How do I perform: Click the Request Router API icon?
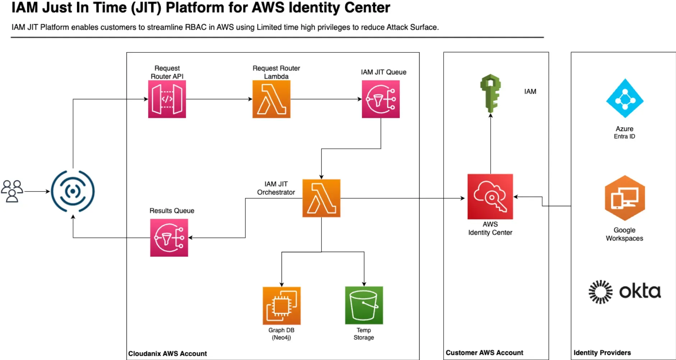pyautogui.click(x=167, y=99)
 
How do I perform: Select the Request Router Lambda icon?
pyautogui.click(x=271, y=99)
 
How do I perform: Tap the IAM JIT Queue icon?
pyautogui.click(x=381, y=99)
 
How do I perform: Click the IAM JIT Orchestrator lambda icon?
pyautogui.click(x=321, y=198)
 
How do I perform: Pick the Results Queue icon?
pyautogui.click(x=169, y=238)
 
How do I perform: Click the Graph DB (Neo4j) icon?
pyautogui.click(x=282, y=306)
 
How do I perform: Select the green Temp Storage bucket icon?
pyautogui.click(x=364, y=305)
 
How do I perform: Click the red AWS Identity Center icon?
pyautogui.click(x=490, y=197)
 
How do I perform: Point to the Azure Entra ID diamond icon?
pyautogui.click(x=625, y=98)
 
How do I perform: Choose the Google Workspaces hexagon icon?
pyautogui.click(x=625, y=198)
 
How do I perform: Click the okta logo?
pyautogui.click(x=625, y=292)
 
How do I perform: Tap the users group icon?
pyautogui.click(x=12, y=191)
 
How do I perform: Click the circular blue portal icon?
pyautogui.click(x=73, y=191)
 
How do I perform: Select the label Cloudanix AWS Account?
pyautogui.click(x=167, y=354)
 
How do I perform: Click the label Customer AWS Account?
pyautogui.click(x=484, y=353)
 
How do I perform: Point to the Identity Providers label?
pyautogui.click(x=602, y=353)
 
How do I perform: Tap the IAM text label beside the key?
pyautogui.click(x=530, y=92)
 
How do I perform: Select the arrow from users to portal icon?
pyautogui.click(x=37, y=191)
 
